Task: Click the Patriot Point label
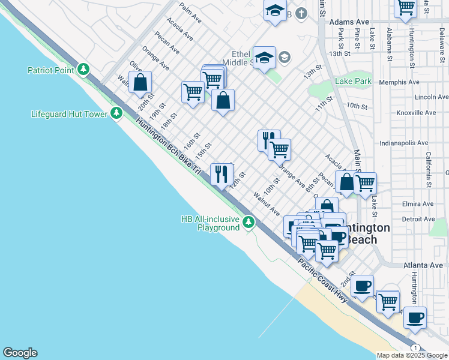[50, 70]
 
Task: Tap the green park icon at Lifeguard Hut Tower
[116, 113]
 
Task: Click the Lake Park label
[354, 81]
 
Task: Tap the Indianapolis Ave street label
[404, 143]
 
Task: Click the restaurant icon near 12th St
[221, 175]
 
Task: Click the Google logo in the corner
[20, 353]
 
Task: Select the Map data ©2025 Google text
[412, 355]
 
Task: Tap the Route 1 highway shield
[415, 348]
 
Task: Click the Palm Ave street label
[190, 14]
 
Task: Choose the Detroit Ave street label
[418, 220]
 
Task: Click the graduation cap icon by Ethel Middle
[264, 58]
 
